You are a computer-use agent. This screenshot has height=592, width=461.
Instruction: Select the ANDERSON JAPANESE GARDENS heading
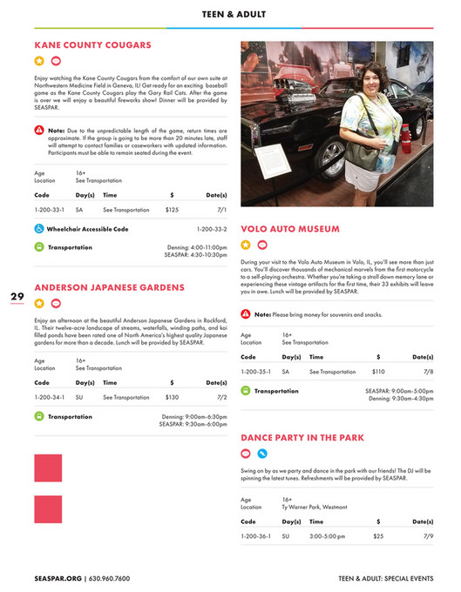(x=109, y=287)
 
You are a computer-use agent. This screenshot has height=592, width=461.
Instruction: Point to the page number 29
(x=17, y=297)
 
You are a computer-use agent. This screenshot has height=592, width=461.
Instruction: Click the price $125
(x=172, y=210)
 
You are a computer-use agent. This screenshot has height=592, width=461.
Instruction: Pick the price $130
(x=172, y=397)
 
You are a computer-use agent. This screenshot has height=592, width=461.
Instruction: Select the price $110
(x=378, y=372)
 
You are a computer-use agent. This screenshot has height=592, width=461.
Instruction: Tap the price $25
(x=378, y=536)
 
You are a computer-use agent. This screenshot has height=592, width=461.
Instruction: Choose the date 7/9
(x=428, y=536)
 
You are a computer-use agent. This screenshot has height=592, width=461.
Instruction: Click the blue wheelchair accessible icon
(x=39, y=229)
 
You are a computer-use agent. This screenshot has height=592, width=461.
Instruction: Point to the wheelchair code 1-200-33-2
(x=212, y=229)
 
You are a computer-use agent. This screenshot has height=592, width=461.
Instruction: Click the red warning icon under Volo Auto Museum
(x=246, y=313)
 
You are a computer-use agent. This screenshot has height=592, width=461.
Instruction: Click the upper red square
(x=48, y=468)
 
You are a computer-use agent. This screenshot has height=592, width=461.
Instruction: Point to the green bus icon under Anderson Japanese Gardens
(x=39, y=416)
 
